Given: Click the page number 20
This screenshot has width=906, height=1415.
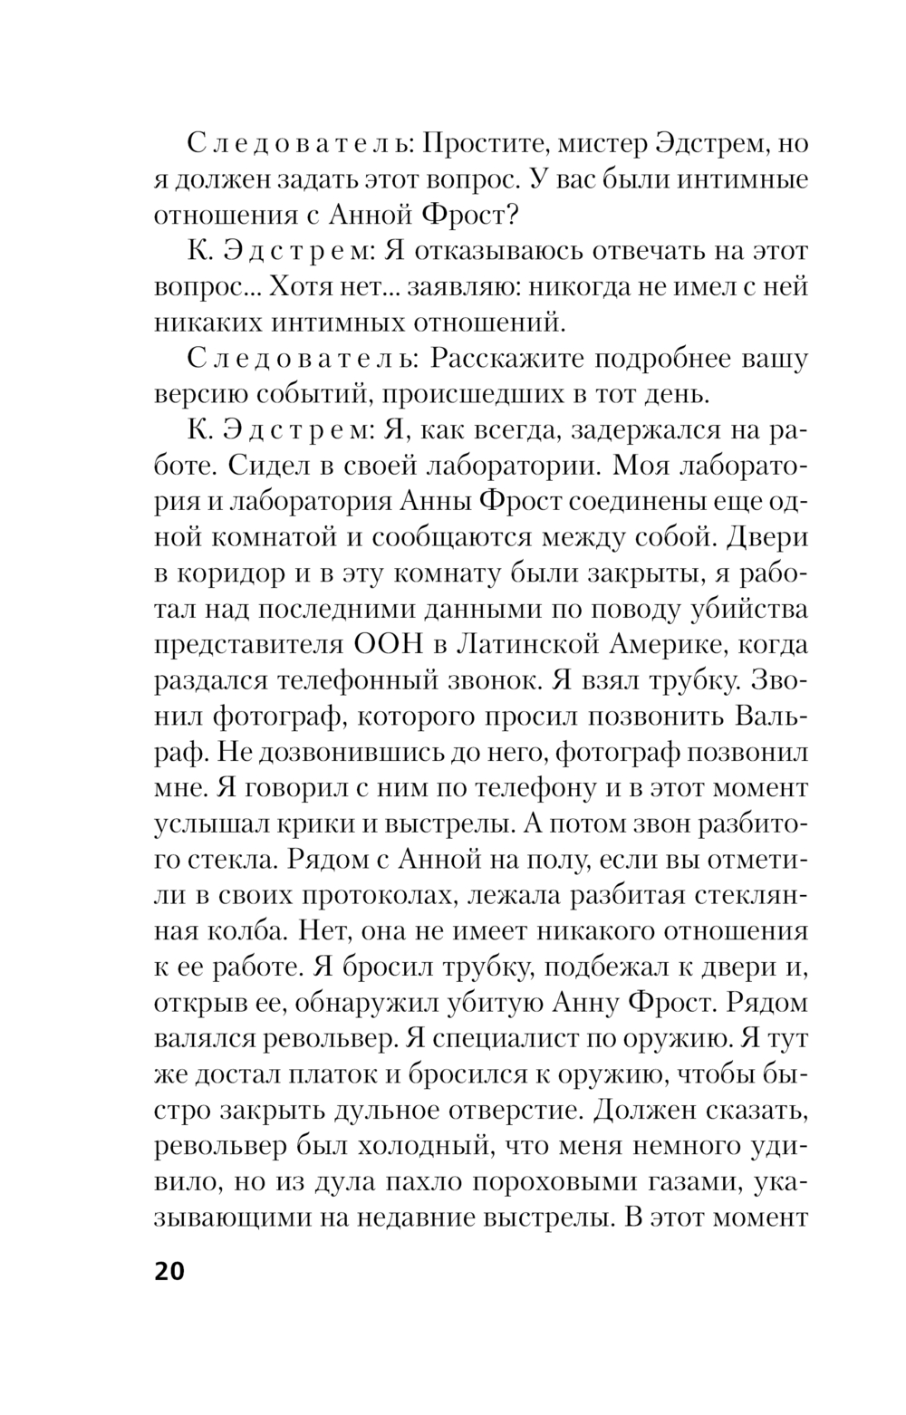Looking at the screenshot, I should click(x=169, y=1271).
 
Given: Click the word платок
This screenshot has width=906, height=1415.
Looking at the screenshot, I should click(x=333, y=1074).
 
